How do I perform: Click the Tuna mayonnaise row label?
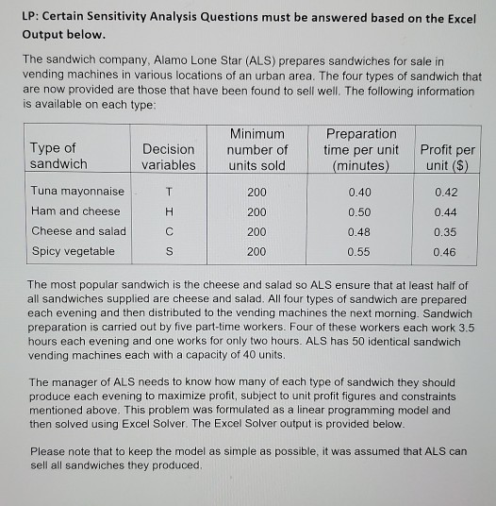(78, 192)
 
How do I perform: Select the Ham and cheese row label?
(76, 211)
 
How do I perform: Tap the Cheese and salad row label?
(79, 231)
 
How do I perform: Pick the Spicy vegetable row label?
(74, 251)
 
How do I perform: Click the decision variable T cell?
(168, 192)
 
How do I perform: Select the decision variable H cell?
(168, 211)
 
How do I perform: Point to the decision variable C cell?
(168, 231)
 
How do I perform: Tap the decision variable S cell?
(168, 251)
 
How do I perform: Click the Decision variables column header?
(169, 157)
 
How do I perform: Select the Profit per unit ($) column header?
(447, 157)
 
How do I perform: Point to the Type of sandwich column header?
(58, 156)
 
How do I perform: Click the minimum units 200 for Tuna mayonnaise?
(257, 192)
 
